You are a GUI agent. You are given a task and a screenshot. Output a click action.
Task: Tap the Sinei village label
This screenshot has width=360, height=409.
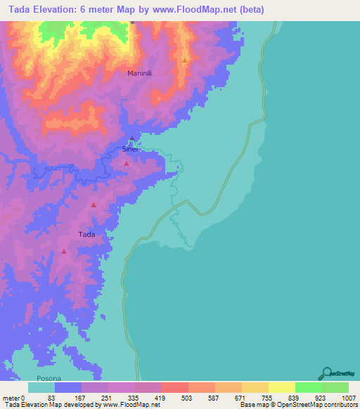pyautogui.click(x=131, y=149)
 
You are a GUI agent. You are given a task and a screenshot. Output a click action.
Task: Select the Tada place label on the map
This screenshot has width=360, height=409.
pyautogui.click(x=86, y=234)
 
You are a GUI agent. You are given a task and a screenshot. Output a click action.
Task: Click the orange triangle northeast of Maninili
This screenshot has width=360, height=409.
pyautogui.click(x=185, y=60)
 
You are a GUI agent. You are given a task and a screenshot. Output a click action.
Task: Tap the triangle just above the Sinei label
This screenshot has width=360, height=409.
pyautogui.click(x=132, y=138)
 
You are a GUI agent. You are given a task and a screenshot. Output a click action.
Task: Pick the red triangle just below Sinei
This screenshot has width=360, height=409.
pyautogui.click(x=127, y=163)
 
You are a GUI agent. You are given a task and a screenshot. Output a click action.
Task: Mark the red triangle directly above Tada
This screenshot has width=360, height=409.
pyautogui.click(x=94, y=204)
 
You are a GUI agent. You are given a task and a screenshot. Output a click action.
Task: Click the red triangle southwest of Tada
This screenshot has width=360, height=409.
pyautogui.click(x=64, y=251)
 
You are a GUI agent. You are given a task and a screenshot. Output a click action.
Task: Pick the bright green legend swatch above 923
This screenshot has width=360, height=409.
pyautogui.click(x=308, y=387)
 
